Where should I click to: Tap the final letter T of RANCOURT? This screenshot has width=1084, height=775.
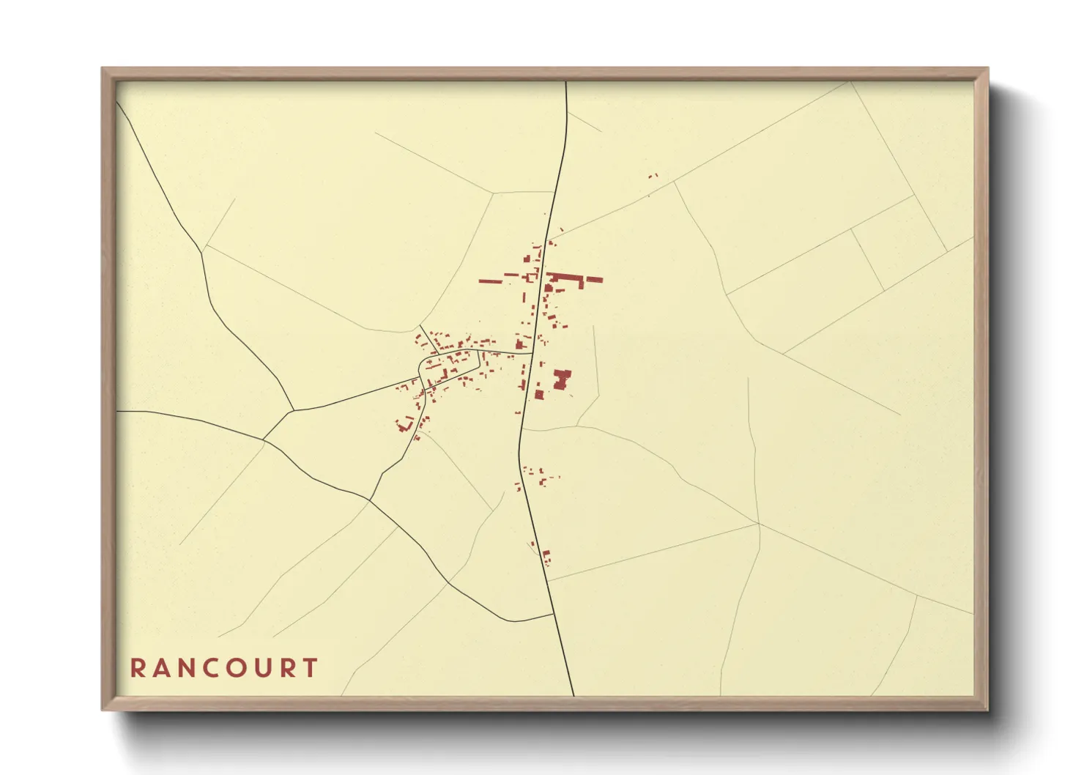(312, 668)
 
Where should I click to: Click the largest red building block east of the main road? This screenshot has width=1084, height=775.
(562, 379)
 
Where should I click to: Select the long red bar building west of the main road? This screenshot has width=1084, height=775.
(491, 281)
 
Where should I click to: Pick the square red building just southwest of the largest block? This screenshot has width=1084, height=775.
(540, 395)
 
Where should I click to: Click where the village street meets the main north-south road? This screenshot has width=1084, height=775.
(532, 354)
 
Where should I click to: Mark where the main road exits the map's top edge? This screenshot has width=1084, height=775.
(566, 82)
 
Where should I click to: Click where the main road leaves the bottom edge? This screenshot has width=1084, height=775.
(573, 694)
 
